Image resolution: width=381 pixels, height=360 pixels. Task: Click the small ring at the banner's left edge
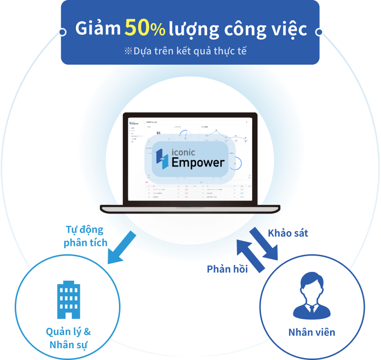(x=62, y=32)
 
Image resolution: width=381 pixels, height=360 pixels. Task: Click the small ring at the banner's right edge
(x=319, y=32)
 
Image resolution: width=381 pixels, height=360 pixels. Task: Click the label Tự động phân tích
(x=86, y=236)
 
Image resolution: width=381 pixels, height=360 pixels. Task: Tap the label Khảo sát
(x=288, y=233)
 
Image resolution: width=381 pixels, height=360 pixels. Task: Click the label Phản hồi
(x=227, y=269)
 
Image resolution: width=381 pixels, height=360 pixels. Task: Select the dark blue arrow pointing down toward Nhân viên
(x=264, y=243)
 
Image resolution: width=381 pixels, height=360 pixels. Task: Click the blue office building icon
(x=68, y=300)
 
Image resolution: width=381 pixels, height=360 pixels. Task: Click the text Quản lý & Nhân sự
(x=68, y=338)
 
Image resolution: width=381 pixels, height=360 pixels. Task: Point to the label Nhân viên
(x=311, y=332)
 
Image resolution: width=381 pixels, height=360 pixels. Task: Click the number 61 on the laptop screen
(x=158, y=133)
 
